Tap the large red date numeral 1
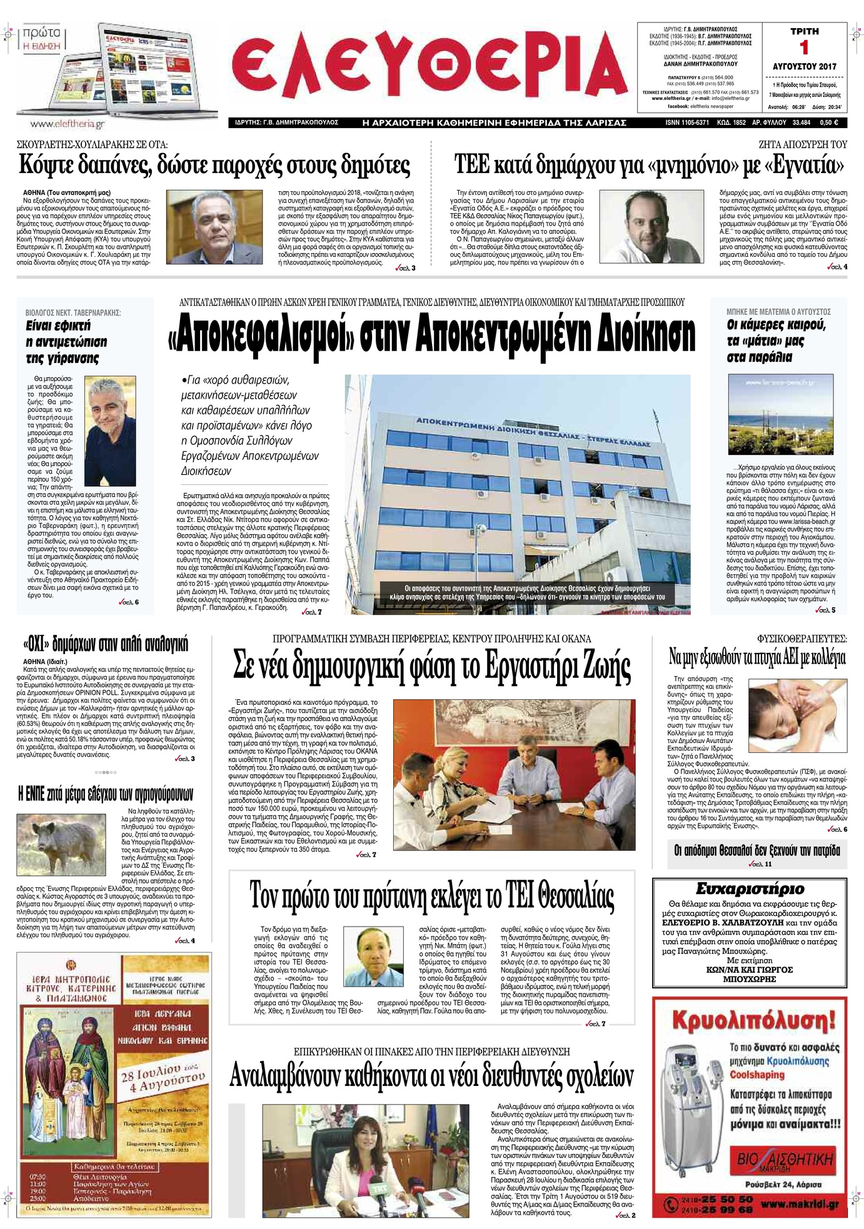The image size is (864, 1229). pyautogui.click(x=804, y=48)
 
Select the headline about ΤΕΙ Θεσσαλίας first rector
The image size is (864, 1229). pyautogui.click(x=431, y=897)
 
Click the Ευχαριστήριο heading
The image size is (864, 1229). pyautogui.click(x=750, y=888)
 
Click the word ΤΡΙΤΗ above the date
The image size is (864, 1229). pyautogui.click(x=804, y=31)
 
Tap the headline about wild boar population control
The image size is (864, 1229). pyautogui.click(x=106, y=794)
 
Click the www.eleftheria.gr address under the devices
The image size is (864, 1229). pyautogui.click(x=58, y=124)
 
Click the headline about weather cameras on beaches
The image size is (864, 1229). pyautogui.click(x=776, y=341)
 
